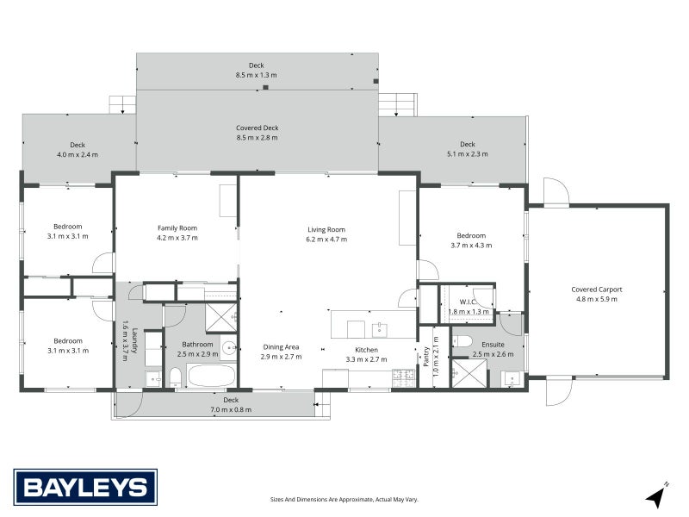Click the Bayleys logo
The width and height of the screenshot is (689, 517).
[85, 487]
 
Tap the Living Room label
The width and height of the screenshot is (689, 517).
[326, 229]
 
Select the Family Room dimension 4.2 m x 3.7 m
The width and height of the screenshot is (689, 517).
[177, 238]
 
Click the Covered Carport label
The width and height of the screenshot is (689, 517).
[597, 290]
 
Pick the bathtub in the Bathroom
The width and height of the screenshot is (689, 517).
[211, 376]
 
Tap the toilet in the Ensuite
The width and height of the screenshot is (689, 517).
[462, 341]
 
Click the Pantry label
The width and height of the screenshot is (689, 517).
[425, 357]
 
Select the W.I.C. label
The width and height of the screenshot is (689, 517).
[468, 302]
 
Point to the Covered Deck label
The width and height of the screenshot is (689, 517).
[257, 128]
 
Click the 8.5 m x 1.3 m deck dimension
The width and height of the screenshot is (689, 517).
[256, 75]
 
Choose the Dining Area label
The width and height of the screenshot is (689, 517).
[281, 347]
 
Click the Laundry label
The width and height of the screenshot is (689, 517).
[135, 340]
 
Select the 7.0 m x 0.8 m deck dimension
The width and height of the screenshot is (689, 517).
[231, 410]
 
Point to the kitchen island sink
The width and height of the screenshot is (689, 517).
[379, 329]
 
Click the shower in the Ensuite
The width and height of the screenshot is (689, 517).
[469, 373]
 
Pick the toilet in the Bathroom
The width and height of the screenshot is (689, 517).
[176, 377]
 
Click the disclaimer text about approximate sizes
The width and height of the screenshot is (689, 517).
[344, 500]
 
